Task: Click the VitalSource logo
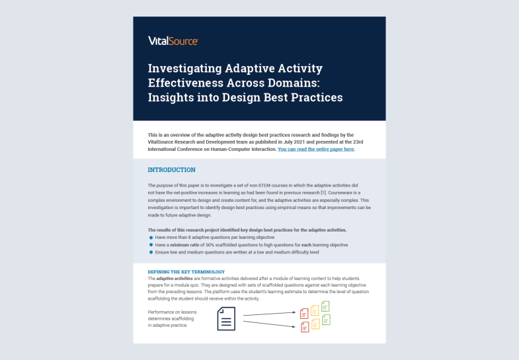pyautogui.click(x=173, y=41)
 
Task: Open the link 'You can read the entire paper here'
pyautogui.click(x=316, y=150)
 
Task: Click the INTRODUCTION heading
pyautogui.click(x=171, y=170)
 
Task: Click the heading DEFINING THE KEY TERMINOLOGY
pyautogui.click(x=186, y=272)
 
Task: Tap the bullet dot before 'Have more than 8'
pyautogui.click(x=151, y=236)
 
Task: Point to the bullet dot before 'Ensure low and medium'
pyautogui.click(x=151, y=252)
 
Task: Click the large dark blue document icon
pyautogui.click(x=226, y=318)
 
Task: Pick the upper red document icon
pyautogui.click(x=305, y=312)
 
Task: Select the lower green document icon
pyautogui.click(x=325, y=320)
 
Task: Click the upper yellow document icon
pyautogui.click(x=315, y=309)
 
